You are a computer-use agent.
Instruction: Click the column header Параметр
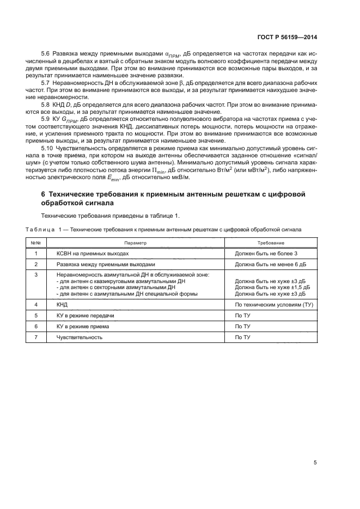pos(136,243)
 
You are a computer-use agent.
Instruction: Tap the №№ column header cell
pos(36,243)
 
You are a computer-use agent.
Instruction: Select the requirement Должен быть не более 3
pos(266,253)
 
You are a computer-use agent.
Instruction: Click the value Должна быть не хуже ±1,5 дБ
pos(272,287)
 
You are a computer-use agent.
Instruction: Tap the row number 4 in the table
pos(36,305)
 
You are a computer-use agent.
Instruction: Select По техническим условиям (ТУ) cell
pos(274,305)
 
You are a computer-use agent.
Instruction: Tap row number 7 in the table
pos(36,336)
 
